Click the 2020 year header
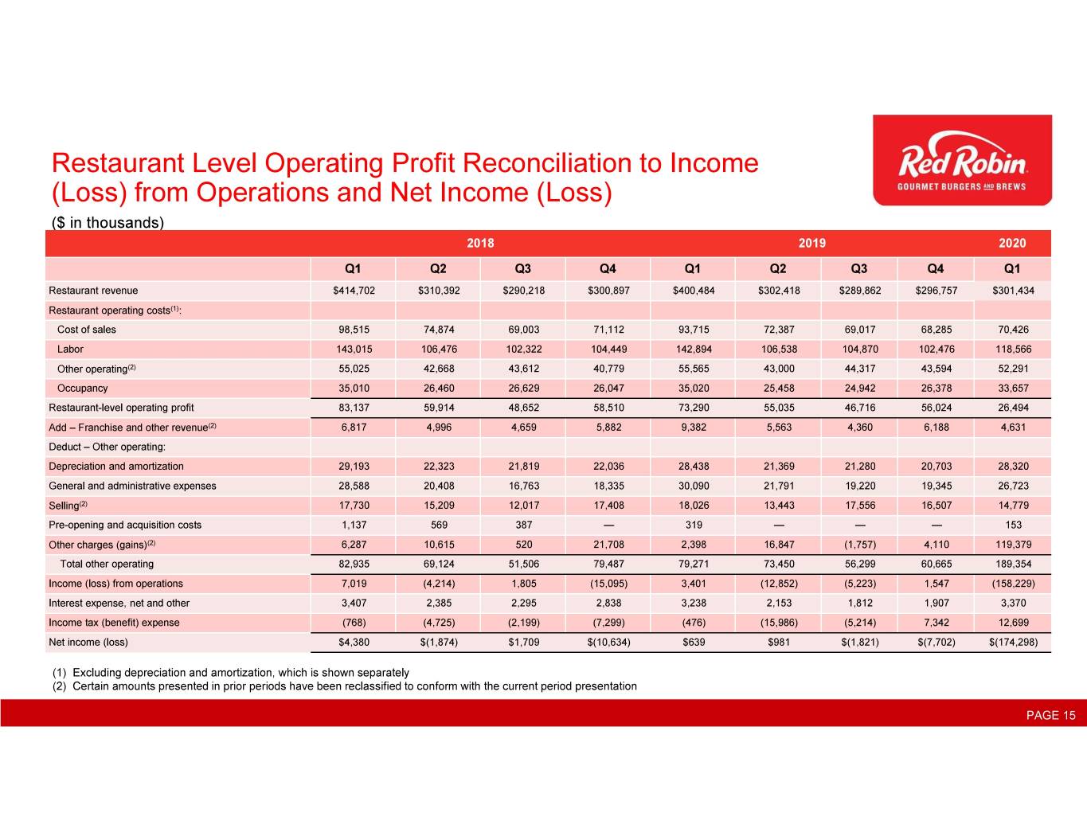[x=1012, y=243]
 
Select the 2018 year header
[x=480, y=243]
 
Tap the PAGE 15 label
[x=1050, y=715]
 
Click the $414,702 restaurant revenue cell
[x=354, y=291]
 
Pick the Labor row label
[x=70, y=349]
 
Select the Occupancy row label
[x=82, y=388]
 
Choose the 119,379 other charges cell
[x=1013, y=545]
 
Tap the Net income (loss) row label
[x=88, y=642]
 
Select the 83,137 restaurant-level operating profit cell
[x=354, y=408]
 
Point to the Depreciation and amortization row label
[x=116, y=467]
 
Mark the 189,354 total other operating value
[x=1013, y=564]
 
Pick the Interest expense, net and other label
[x=119, y=603]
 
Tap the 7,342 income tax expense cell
[x=936, y=623]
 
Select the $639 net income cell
[x=694, y=642]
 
